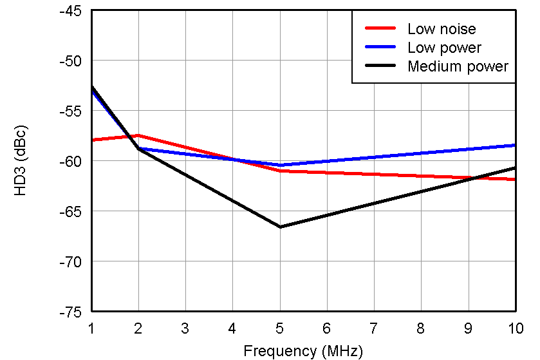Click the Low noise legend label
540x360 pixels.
pos(441,28)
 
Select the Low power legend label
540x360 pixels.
pos(444,48)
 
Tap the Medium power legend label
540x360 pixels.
pos(458,66)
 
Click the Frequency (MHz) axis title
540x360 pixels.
pos(303,351)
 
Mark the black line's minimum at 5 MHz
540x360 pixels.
pos(280,227)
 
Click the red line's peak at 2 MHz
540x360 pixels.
pos(138,135)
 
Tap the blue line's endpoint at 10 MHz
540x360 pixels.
pos(515,145)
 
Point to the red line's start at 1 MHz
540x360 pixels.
pos(92,140)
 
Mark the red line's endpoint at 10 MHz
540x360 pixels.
pos(515,179)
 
